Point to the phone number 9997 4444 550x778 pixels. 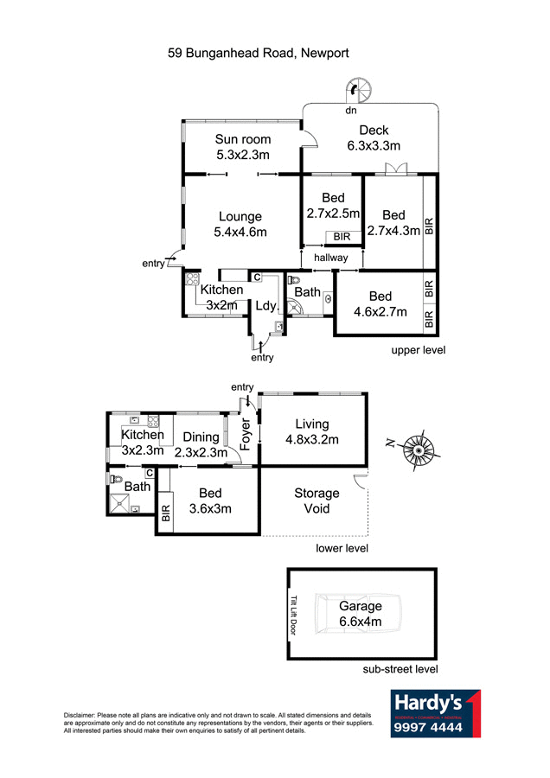[x=428, y=728]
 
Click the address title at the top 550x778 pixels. [x=259, y=53]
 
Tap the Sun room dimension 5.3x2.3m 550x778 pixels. [x=243, y=156]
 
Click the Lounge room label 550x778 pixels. [x=240, y=216]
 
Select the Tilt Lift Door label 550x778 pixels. [x=294, y=615]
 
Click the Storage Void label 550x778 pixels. [x=317, y=501]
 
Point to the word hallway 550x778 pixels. [x=331, y=258]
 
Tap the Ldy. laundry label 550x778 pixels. [x=264, y=305]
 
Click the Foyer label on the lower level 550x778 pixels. [x=244, y=436]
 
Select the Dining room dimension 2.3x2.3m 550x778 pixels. [x=201, y=452]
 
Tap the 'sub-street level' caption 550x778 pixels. [x=400, y=668]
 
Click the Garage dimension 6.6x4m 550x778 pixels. [x=361, y=622]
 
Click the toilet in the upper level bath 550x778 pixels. [x=293, y=281]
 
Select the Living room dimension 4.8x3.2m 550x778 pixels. [x=312, y=439]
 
